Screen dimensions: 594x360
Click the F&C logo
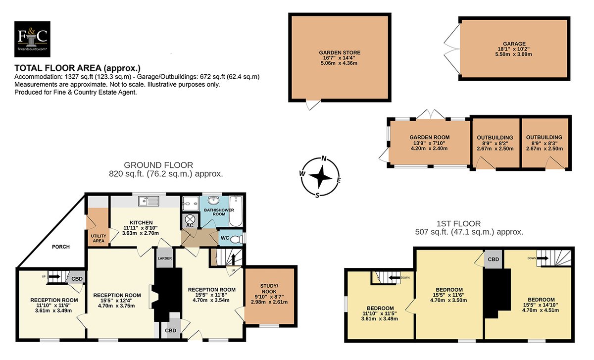[32, 39]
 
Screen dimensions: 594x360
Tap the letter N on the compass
[324, 158]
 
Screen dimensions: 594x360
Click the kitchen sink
[148, 202]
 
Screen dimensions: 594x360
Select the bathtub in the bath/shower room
[236, 211]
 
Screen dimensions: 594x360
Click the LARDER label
[165, 258]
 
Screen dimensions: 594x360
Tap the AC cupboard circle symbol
[190, 219]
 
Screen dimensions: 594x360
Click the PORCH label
[61, 247]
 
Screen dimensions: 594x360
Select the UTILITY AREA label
[99, 238]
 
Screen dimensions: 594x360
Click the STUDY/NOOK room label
[269, 289]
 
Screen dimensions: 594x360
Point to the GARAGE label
[514, 44]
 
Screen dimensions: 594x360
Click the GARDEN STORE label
[340, 52]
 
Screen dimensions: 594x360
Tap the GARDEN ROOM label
[429, 138]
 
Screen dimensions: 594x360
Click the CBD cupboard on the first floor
[493, 259]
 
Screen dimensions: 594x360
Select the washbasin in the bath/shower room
[213, 201]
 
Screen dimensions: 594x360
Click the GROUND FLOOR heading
[158, 165]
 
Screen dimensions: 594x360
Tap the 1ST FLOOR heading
[458, 224]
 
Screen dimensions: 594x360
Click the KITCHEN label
[141, 222]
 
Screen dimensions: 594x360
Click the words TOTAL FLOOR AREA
[58, 68]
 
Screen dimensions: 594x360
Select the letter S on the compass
[317, 196]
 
